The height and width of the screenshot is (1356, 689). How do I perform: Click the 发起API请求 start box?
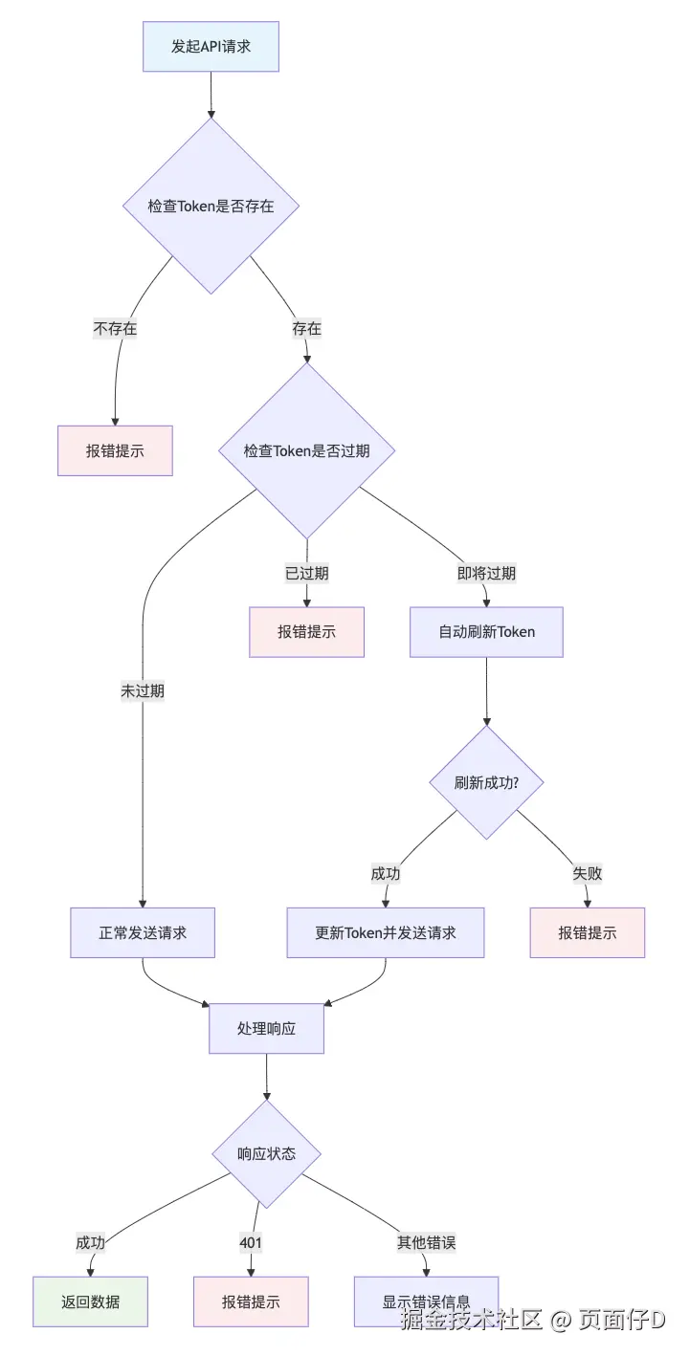[211, 47]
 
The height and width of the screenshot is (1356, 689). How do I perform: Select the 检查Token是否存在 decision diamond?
[211, 206]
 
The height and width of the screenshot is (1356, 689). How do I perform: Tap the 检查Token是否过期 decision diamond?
[306, 450]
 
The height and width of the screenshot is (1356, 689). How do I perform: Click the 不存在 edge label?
[115, 328]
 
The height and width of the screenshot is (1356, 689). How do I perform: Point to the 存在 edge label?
[306, 328]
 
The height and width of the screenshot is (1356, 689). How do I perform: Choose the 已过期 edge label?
[306, 573]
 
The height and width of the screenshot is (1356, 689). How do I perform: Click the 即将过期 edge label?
[486, 573]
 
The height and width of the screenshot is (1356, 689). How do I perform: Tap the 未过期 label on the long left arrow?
[142, 691]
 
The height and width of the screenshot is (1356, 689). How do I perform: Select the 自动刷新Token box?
[486, 632]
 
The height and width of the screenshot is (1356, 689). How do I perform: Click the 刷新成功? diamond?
[486, 782]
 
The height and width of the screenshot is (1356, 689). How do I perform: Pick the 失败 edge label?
[588, 873]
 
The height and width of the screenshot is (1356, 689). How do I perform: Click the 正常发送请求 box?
[143, 932]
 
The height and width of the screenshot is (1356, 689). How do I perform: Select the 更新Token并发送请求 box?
[386, 932]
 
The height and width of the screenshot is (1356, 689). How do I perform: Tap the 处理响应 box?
[266, 1029]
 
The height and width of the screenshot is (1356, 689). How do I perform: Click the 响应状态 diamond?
[266, 1153]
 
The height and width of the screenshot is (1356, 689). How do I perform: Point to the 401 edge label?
[251, 1242]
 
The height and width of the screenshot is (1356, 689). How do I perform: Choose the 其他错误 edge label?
[426, 1242]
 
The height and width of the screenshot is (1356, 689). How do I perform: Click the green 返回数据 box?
[91, 1301]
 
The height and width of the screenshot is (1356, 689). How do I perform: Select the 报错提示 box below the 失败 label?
[588, 932]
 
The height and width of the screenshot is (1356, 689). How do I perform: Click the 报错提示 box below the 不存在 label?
[115, 450]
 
